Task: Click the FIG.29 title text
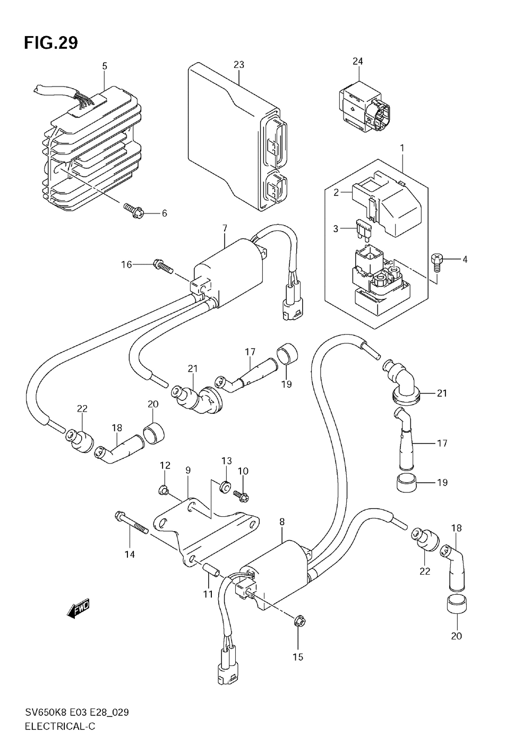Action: (x=51, y=43)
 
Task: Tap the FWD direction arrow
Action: (x=79, y=609)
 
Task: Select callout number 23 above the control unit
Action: (x=239, y=65)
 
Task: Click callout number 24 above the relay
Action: (x=357, y=61)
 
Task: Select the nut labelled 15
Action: (x=298, y=620)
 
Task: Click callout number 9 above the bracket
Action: (x=188, y=470)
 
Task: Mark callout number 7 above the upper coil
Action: (x=225, y=228)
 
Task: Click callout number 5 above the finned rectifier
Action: (x=105, y=66)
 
